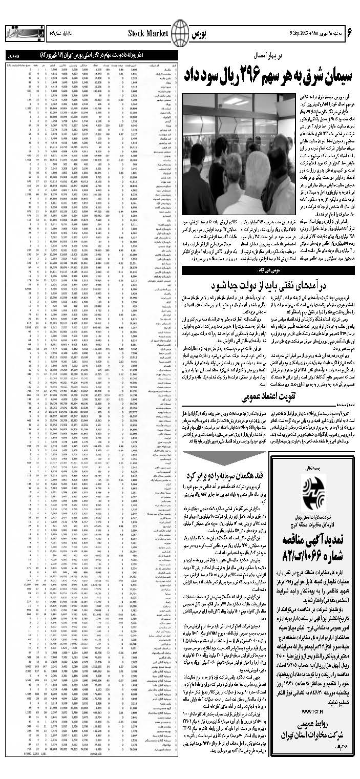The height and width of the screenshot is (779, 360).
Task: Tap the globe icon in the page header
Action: click(180, 34)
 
